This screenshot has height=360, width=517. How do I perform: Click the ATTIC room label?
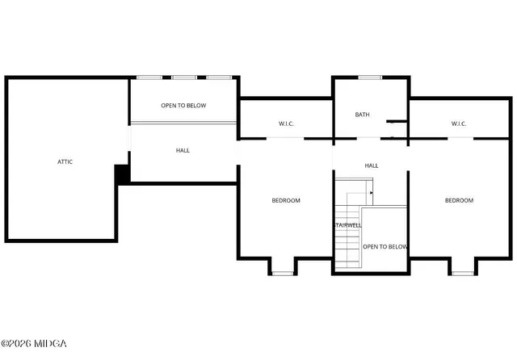click(65, 161)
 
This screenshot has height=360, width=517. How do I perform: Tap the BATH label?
click(362, 115)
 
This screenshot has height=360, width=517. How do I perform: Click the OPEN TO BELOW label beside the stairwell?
click(385, 246)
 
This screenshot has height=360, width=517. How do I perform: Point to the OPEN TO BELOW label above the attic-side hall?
click(183, 106)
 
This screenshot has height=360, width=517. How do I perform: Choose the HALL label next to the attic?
click(183, 150)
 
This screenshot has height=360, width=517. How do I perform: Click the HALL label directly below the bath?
click(372, 165)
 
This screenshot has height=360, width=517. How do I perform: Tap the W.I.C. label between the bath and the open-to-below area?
click(286, 123)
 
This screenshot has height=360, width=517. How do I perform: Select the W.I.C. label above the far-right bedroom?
click(459, 123)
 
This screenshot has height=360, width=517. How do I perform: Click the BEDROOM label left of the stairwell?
click(285, 200)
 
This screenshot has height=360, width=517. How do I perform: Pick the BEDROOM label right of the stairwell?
click(459, 200)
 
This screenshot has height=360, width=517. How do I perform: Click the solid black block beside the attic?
click(122, 174)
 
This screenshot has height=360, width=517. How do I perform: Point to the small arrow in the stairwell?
click(371, 193)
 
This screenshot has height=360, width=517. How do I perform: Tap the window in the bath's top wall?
click(370, 77)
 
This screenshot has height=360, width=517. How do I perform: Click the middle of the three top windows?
click(184, 77)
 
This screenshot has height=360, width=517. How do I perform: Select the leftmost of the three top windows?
click(149, 77)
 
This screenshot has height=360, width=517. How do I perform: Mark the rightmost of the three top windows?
click(219, 77)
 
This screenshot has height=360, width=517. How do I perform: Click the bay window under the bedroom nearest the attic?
click(282, 274)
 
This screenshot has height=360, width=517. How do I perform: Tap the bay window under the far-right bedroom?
click(462, 274)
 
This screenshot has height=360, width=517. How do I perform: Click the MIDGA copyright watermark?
click(35, 344)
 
